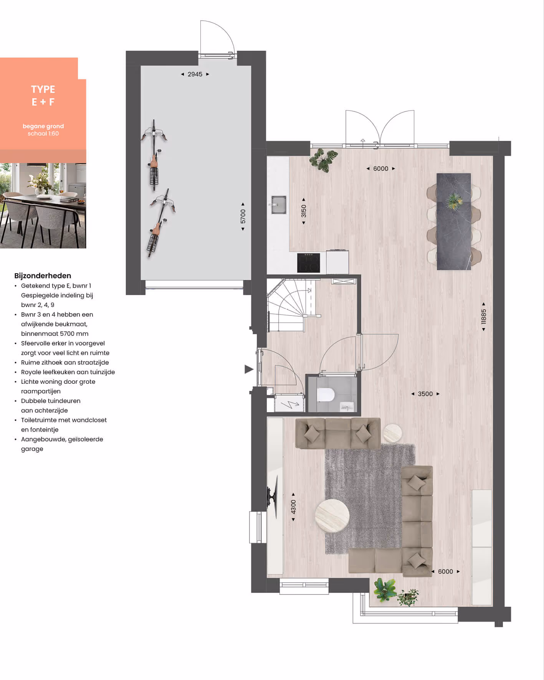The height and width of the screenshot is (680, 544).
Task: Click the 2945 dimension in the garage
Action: (x=195, y=74)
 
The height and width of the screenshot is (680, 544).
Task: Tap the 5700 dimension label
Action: (x=243, y=216)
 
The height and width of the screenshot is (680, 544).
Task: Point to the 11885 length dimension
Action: (x=484, y=317)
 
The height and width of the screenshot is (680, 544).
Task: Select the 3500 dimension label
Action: (x=425, y=394)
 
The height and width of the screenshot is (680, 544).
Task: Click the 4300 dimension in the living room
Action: (x=293, y=507)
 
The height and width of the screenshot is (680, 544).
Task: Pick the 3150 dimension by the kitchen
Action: (x=304, y=211)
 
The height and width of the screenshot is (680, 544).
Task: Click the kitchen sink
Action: (x=278, y=205)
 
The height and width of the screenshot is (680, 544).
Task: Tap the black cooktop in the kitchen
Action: (x=308, y=263)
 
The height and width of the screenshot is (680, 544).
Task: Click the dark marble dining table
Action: (x=454, y=221)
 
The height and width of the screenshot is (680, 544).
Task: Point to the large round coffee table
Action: (x=332, y=516)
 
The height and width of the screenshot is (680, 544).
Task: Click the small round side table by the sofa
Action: (x=392, y=433)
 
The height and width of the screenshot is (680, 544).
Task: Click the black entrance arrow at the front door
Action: (x=249, y=369)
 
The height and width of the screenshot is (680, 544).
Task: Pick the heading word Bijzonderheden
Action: (x=43, y=276)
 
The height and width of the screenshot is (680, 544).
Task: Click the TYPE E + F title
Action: (x=43, y=96)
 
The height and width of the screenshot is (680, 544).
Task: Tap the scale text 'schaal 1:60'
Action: (x=43, y=134)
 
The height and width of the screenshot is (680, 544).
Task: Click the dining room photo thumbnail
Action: (x=43, y=206)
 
